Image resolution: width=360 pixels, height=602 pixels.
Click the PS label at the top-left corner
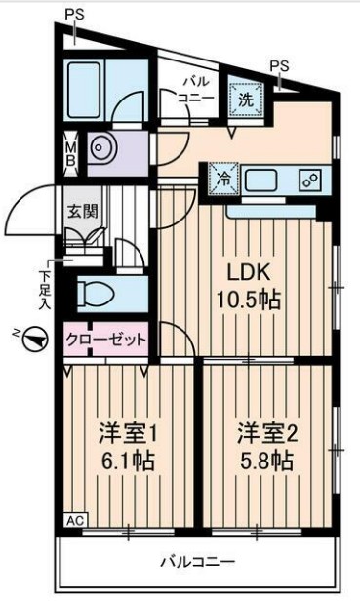point(74,14)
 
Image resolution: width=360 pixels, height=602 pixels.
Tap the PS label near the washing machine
point(280,65)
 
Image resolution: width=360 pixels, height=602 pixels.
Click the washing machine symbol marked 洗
point(245,98)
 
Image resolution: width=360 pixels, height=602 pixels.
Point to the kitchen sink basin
point(264,180)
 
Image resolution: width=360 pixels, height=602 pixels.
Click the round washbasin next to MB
point(101,148)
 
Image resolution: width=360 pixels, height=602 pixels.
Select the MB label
point(70,149)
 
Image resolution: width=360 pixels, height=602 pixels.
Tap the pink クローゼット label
point(106,341)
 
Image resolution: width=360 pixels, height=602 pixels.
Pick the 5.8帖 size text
point(265,460)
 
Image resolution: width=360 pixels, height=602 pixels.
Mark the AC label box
point(74,520)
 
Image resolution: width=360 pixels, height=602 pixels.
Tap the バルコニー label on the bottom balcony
point(198,563)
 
